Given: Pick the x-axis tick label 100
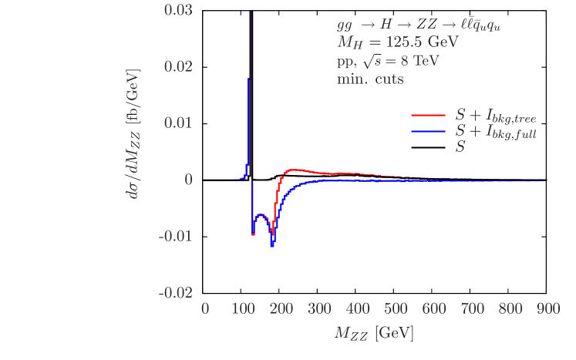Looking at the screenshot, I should pyautogui.click(x=243, y=309).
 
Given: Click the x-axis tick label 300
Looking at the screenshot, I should pyautogui.click(x=319, y=309).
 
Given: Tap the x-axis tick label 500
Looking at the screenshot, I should pyautogui.click(x=396, y=309).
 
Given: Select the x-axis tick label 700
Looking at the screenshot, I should pyautogui.click(x=472, y=309).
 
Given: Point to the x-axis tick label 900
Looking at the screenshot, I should pyautogui.click(x=547, y=309).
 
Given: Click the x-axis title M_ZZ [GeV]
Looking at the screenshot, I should pyautogui.click(x=374, y=335).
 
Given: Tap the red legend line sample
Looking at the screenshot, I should pyautogui.click(x=429, y=114).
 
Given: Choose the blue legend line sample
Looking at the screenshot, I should pyautogui.click(x=429, y=131).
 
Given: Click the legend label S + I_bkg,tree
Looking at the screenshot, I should pyautogui.click(x=496, y=116).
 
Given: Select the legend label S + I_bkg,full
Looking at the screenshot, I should pyautogui.click(x=496, y=132).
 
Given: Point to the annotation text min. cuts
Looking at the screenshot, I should pyautogui.click(x=370, y=79).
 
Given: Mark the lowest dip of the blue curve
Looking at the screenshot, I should pyautogui.click(x=272, y=246).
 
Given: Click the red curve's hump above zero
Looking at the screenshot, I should pyautogui.click(x=295, y=170).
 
